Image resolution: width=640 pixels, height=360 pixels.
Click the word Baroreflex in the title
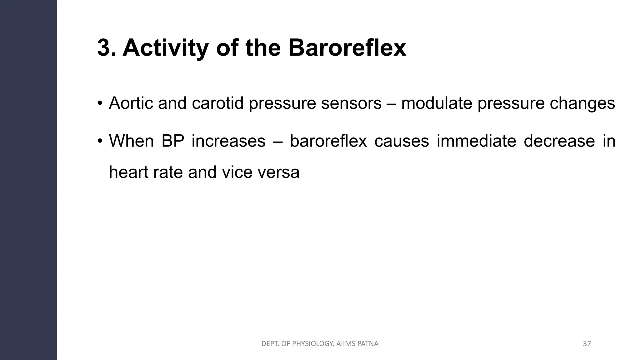347,48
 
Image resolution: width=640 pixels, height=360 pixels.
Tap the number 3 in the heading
104,48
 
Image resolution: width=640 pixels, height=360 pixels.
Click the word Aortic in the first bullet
131,103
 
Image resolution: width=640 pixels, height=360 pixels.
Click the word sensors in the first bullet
351,103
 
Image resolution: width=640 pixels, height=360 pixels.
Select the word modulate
437,103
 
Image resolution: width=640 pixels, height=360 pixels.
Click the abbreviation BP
173,141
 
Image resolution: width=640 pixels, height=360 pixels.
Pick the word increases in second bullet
228,141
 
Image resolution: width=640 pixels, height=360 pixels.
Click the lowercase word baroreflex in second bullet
328,141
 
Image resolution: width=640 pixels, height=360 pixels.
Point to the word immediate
476,141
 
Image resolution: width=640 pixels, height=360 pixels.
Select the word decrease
559,141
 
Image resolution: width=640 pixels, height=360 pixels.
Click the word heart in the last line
128,172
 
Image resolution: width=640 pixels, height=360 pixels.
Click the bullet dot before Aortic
100,103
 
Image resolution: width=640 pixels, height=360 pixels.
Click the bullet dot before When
100,141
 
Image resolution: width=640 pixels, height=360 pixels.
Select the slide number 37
587,344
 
